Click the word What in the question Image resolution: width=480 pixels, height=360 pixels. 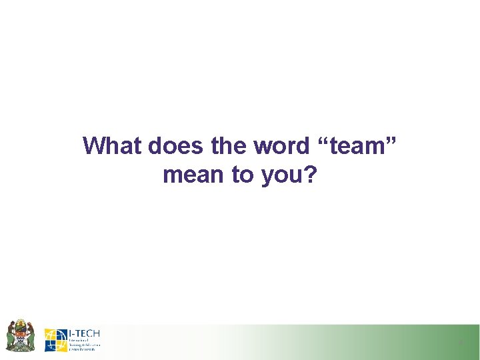click(112, 145)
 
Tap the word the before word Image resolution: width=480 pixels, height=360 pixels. click(229, 145)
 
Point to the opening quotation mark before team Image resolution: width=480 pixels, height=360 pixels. click(328, 141)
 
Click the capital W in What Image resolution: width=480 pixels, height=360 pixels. click(94, 145)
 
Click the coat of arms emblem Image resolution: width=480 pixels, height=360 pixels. click(20, 335)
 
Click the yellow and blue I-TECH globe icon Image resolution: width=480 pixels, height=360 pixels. click(55, 340)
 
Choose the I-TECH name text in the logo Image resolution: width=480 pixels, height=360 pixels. click(84, 333)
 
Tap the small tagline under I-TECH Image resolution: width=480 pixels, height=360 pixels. click(83, 343)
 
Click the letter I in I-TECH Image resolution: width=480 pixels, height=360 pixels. click(71, 333)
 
